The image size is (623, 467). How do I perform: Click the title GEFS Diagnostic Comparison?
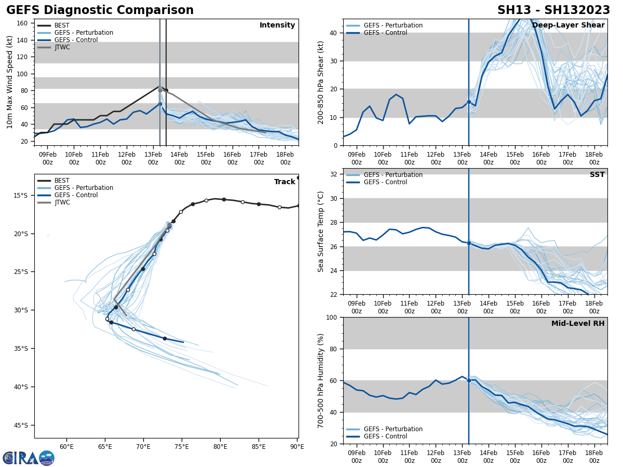pos(100,10)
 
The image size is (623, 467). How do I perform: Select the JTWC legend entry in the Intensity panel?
pos(62,47)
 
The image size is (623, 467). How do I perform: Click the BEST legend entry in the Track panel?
pos(62,181)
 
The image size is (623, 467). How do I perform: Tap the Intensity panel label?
pos(277,25)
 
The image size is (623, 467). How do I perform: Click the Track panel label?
pos(285,182)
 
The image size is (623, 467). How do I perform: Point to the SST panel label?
pos(597,175)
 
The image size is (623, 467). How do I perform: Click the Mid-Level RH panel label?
pos(578,324)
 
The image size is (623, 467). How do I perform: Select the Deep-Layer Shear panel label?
pos(568,25)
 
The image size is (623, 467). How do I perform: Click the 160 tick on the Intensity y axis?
pos(23,23)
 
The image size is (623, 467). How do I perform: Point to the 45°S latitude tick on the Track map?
pos(21,425)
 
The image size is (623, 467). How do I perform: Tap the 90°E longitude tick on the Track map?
pos(297,446)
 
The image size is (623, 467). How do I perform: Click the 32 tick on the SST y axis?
pos(334,174)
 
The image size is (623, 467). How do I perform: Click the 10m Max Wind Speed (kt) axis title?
pos(10,82)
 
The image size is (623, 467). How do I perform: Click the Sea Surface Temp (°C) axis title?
pos(321,231)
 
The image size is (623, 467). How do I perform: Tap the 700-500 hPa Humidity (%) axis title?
pos(321,380)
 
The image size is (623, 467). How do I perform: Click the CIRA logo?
pos(29,458)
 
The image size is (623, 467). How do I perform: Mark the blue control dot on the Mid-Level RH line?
pos(469,380)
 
